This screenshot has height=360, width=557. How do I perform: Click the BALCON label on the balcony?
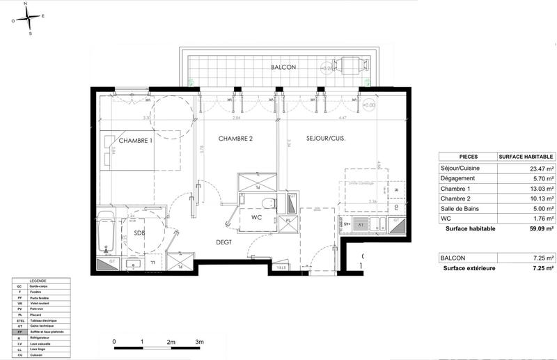285,67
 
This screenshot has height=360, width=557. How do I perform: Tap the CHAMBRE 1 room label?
135,141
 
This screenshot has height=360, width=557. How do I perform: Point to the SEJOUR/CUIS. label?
326,139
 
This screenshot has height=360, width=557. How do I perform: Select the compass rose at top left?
30,19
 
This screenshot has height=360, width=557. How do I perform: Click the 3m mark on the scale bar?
199,343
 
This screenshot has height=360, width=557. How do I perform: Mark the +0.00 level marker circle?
369,105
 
